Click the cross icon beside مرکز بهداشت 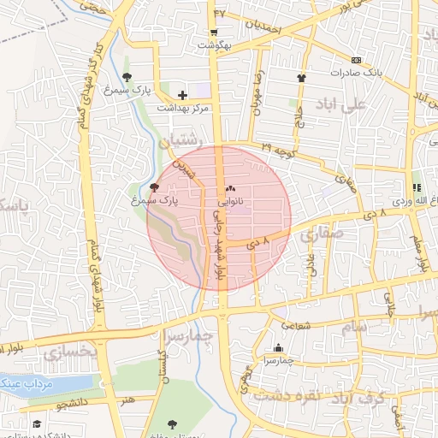181,95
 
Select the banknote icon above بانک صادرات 357,60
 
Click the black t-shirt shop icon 301,78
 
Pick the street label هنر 128,400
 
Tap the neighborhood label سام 353,327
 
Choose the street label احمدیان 262,26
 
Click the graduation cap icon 36,424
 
